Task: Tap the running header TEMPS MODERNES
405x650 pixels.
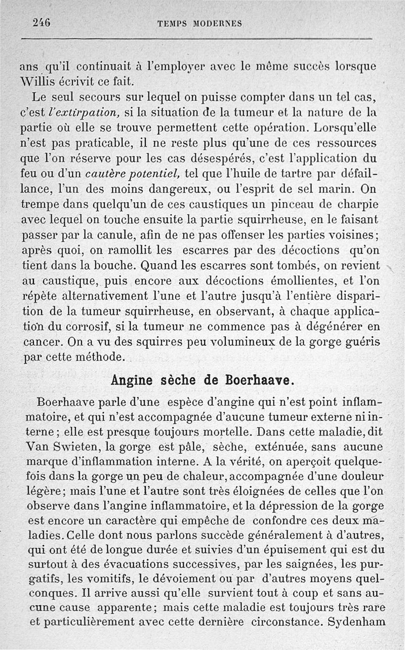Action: [x=199, y=23]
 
